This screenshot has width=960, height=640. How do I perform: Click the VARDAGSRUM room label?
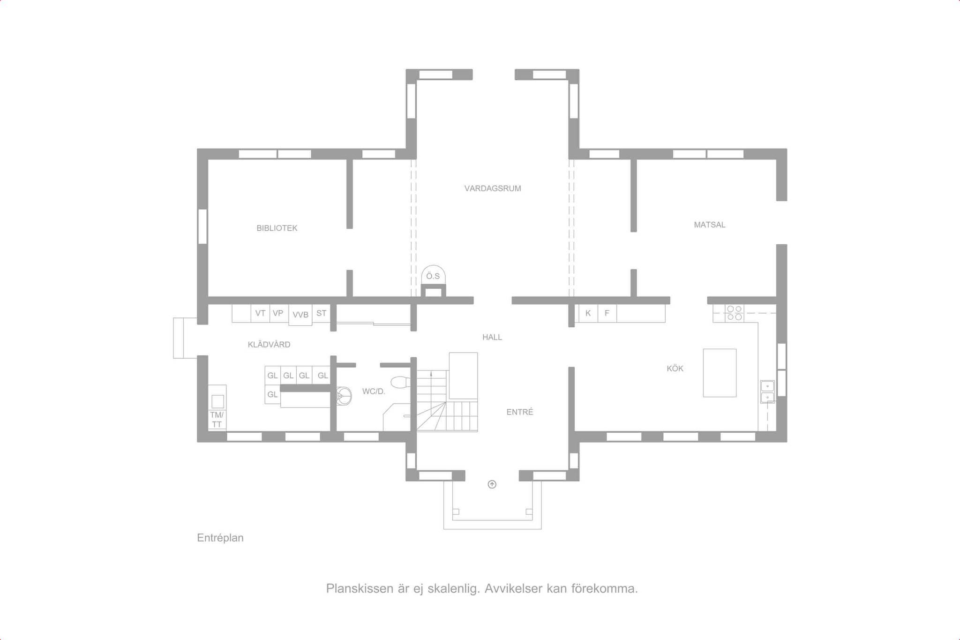coord(493,188)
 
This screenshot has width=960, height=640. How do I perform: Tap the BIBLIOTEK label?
coord(277,228)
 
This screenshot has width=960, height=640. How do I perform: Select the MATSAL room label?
coord(710,225)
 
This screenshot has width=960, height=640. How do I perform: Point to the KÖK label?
coord(675,369)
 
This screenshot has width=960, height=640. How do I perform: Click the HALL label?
coord(492,337)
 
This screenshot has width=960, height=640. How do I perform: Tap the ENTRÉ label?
coord(520,412)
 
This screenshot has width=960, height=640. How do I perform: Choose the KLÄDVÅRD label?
coord(269,345)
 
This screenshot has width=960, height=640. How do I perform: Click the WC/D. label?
coord(374,392)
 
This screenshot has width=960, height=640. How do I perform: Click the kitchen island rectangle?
coord(720,373)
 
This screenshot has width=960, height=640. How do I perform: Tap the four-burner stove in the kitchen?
coord(735,313)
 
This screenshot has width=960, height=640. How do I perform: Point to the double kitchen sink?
coord(767,392)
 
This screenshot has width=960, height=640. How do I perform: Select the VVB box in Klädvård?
coord(300,315)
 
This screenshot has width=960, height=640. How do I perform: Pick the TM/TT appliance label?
coord(217,420)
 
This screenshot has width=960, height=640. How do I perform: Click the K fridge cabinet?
coord(588,313)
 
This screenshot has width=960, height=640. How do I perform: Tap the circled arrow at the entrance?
coord(492,485)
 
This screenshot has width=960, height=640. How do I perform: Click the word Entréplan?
coord(220,538)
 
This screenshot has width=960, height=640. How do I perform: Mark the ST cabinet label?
coord(321,313)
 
